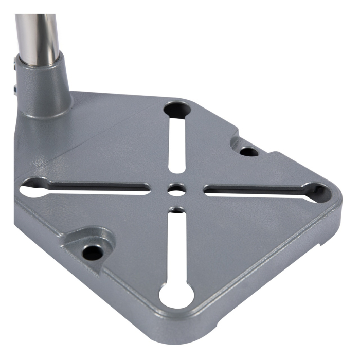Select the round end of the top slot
click(176, 109)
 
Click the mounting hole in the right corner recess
click(249, 152)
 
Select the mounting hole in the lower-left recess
click(93, 252)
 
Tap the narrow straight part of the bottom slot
click(176, 247)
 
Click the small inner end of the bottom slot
click(176, 210)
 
